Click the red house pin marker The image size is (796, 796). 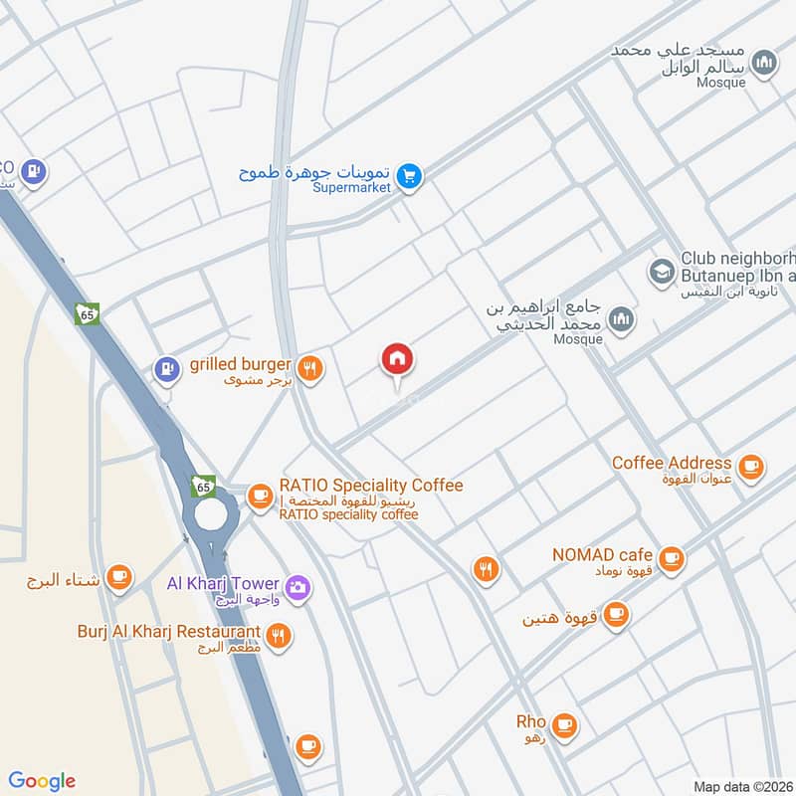point(397,360)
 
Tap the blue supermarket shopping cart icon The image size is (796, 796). point(409,177)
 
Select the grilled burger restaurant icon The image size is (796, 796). point(310,368)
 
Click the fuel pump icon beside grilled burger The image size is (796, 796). point(165,368)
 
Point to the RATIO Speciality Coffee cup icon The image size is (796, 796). point(261,495)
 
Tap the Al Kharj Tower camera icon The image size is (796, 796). point(297,588)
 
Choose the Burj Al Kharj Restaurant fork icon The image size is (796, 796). point(279,636)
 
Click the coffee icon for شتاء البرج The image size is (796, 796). point(119,577)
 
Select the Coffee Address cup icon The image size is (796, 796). point(750,465)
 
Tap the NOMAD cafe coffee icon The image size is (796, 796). point(672,557)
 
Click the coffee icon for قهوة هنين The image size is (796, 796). point(617,613)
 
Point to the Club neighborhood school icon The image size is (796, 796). point(660,270)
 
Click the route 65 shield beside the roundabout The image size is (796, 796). point(204,487)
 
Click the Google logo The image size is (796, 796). point(42,780)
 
